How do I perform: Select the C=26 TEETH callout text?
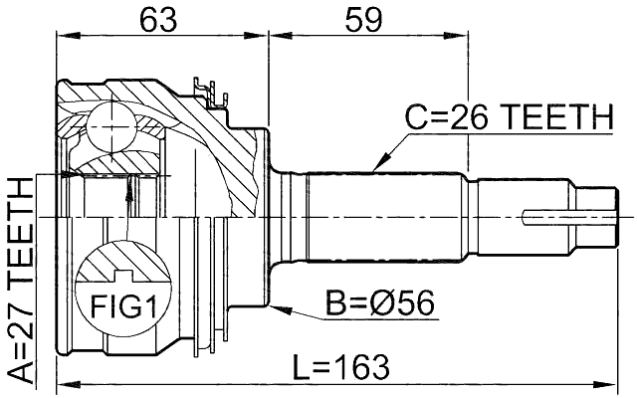point(507,118)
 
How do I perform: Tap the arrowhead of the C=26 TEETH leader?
point(376,165)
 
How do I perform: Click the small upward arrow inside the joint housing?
point(128,189)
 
